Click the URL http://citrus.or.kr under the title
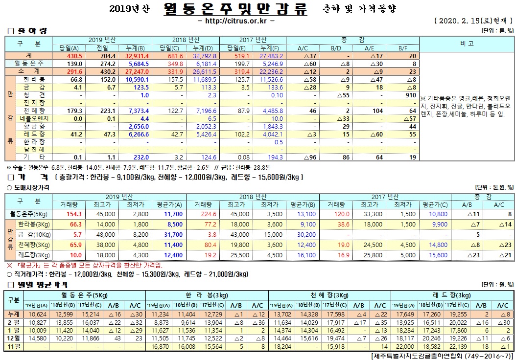[x=235, y=22]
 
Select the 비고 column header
[x=467, y=43]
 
